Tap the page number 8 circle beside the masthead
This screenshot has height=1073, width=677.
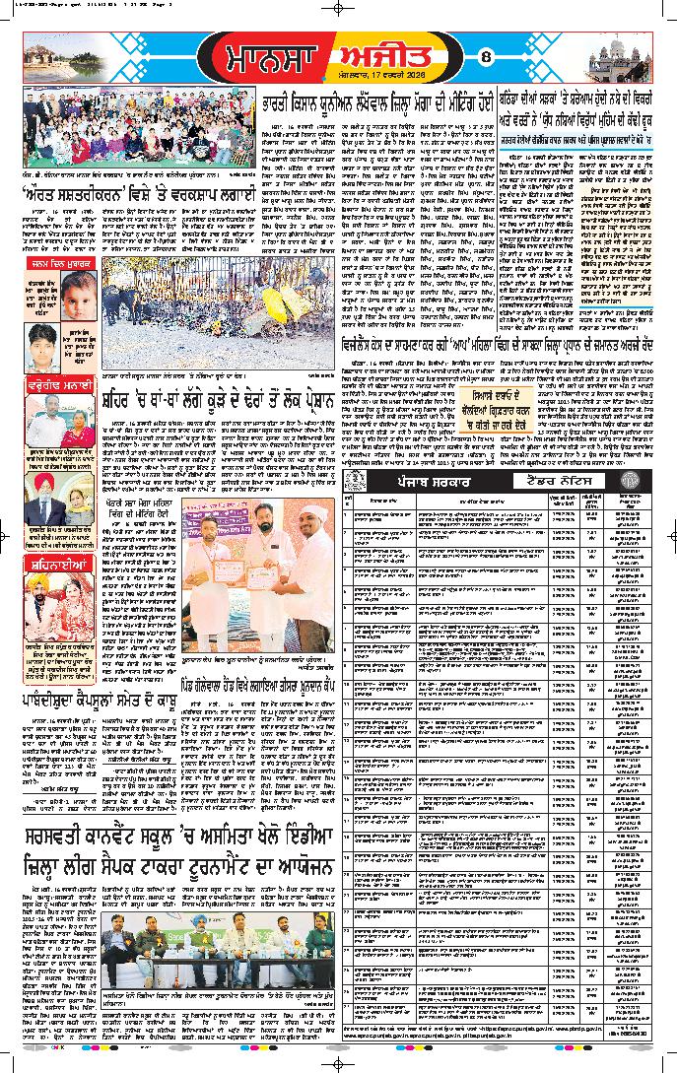(484, 60)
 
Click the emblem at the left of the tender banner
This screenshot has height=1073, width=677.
(355, 481)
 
